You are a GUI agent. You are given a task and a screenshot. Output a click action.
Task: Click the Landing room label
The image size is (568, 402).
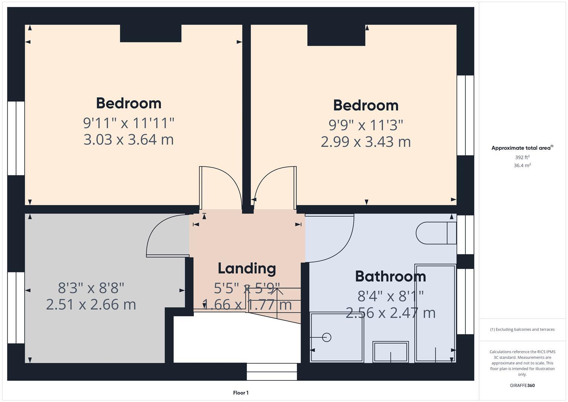click(x=247, y=268)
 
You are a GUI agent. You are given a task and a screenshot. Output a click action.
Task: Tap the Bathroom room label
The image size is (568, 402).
click(x=390, y=277)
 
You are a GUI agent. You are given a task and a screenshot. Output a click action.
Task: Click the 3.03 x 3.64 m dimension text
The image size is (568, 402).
click(x=128, y=140)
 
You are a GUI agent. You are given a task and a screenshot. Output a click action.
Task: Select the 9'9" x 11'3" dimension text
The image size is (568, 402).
click(x=366, y=125)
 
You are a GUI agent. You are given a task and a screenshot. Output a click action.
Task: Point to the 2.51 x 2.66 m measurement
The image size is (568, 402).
click(x=91, y=304)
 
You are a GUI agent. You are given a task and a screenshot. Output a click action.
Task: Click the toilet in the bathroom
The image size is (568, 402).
click(x=436, y=233)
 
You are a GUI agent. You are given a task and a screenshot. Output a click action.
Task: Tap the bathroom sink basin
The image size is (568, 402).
click(x=391, y=352)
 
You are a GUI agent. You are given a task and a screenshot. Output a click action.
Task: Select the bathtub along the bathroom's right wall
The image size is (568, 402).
click(x=435, y=313)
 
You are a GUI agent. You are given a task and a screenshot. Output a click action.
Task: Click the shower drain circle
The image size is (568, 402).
click(x=327, y=337)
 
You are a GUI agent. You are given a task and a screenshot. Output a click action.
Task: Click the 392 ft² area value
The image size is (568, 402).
click(x=522, y=157)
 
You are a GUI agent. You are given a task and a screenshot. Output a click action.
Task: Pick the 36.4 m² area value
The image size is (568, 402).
click(x=522, y=166)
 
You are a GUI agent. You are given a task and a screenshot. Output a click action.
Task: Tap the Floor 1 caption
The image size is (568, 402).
click(x=241, y=393)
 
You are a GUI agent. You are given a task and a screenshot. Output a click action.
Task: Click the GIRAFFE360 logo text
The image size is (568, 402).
click(x=522, y=386)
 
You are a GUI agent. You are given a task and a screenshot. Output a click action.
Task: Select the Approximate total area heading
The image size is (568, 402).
click(x=522, y=148)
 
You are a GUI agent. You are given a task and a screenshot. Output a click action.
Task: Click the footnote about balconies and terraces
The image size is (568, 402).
click(x=522, y=329)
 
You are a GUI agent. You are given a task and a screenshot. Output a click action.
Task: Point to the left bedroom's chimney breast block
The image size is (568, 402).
click(x=151, y=33)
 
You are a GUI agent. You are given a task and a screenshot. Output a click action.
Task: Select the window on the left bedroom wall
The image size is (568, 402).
click(x=16, y=138)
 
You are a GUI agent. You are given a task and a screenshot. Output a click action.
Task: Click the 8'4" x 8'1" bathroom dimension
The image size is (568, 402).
click(x=390, y=296)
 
